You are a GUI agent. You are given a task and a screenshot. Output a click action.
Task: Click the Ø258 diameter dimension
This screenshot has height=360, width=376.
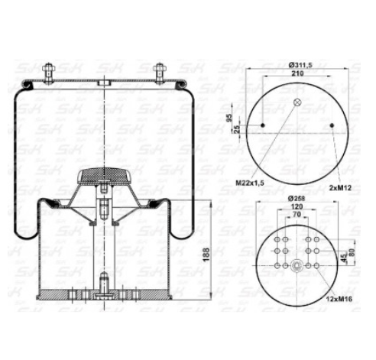[298, 199]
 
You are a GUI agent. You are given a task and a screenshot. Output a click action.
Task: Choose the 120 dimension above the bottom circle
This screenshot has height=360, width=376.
[298, 207]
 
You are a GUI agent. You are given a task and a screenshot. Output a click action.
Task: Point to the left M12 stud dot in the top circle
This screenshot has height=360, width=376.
[263, 124]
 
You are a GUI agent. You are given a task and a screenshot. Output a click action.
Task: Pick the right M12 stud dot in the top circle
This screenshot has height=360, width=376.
[334, 124]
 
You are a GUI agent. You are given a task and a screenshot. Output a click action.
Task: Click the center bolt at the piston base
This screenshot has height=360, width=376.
[105, 285]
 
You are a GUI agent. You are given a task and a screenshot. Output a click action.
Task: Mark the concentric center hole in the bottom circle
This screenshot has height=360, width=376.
[298, 268]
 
